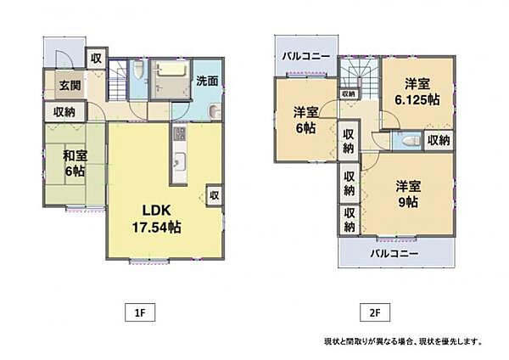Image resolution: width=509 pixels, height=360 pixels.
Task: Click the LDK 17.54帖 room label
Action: point(160,219)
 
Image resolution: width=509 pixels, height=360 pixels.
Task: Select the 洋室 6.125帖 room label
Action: point(417,92)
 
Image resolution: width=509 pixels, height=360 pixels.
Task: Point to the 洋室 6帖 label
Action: point(306,121)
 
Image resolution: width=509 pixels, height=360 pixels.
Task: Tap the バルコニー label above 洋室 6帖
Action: point(307,54)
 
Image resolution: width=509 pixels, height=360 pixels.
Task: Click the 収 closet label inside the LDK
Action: point(214,195)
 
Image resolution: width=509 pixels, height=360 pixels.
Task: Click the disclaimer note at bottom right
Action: point(402,341)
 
